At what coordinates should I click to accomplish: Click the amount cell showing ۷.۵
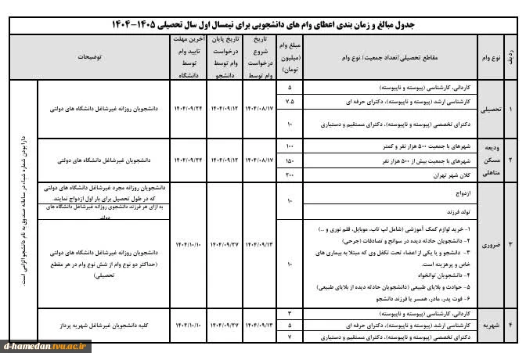[x=290, y=102]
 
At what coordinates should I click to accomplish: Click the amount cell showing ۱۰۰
[x=290, y=146]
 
